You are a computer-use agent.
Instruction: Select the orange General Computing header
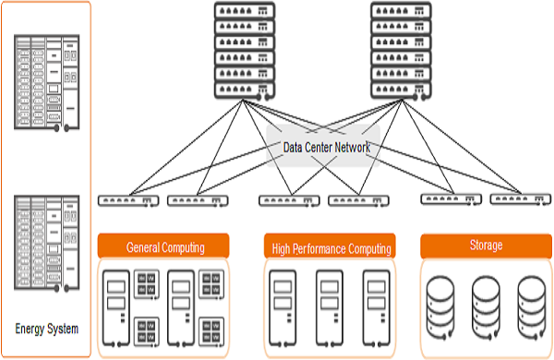click(x=165, y=246)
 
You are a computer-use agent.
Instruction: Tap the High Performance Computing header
click(x=331, y=247)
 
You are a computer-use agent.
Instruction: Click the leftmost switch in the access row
click(x=127, y=200)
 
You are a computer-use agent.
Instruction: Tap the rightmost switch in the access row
click(x=519, y=199)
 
